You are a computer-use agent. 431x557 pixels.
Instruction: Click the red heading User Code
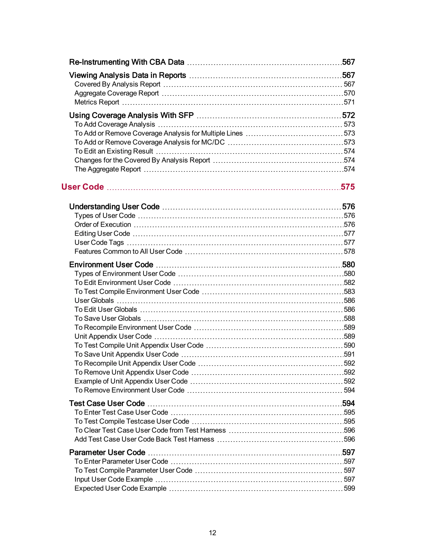[82, 187]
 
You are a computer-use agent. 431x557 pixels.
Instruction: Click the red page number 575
[347, 187]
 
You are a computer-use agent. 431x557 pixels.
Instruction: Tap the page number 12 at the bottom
[212, 533]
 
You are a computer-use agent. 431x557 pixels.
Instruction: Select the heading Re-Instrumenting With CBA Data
[127, 62]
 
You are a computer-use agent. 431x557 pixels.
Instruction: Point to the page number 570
[349, 93]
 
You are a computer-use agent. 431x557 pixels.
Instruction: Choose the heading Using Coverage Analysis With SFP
[131, 115]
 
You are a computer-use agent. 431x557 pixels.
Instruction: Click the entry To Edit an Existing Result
[114, 151]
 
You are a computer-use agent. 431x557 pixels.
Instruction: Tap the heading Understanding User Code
[114, 207]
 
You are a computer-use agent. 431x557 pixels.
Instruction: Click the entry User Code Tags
[99, 243]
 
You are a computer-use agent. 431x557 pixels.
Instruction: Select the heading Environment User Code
[111, 265]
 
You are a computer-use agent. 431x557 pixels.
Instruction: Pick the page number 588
[349, 318]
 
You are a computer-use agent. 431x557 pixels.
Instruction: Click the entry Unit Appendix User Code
[113, 336]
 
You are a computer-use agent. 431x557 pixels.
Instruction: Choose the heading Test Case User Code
[107, 404]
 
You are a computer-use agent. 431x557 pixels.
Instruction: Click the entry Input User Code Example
[113, 479]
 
